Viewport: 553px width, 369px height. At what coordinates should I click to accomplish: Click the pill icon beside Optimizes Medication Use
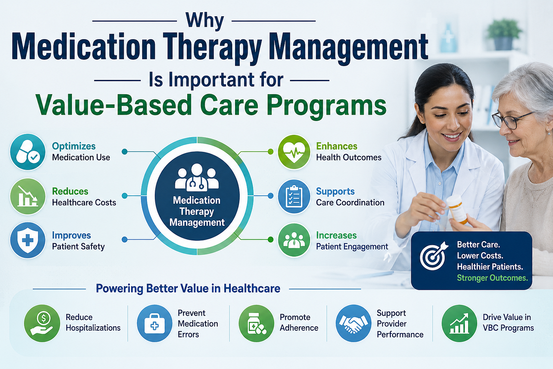[x=28, y=152]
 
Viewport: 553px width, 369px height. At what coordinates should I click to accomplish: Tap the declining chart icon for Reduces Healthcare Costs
[x=28, y=196]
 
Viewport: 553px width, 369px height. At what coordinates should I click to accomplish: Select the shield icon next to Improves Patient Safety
[x=28, y=240]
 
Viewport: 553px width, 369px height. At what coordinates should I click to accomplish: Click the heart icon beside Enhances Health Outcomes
[x=294, y=152]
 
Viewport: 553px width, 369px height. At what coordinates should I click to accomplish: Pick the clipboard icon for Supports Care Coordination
[x=294, y=196]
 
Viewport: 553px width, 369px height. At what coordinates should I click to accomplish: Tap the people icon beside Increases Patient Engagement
[x=294, y=240]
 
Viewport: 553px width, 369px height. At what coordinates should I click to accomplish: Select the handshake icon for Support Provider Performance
[x=354, y=323]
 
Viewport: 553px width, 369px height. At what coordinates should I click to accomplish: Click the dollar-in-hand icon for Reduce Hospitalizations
[x=42, y=323]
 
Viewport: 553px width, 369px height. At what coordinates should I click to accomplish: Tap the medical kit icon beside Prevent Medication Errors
[x=154, y=323]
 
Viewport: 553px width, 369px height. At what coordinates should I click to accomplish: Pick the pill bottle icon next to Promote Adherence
[x=256, y=323]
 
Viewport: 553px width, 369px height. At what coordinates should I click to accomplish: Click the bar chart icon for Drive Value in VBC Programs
[x=459, y=323]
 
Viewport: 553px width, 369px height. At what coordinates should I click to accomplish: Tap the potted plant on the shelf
[x=504, y=34]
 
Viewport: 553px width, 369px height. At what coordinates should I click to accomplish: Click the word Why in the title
[x=205, y=21]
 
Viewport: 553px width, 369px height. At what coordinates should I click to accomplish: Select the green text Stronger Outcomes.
[x=492, y=278]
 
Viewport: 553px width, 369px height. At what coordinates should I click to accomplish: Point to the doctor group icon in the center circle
[x=197, y=177]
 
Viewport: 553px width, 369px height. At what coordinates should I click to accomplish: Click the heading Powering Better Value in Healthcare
[x=188, y=288]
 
